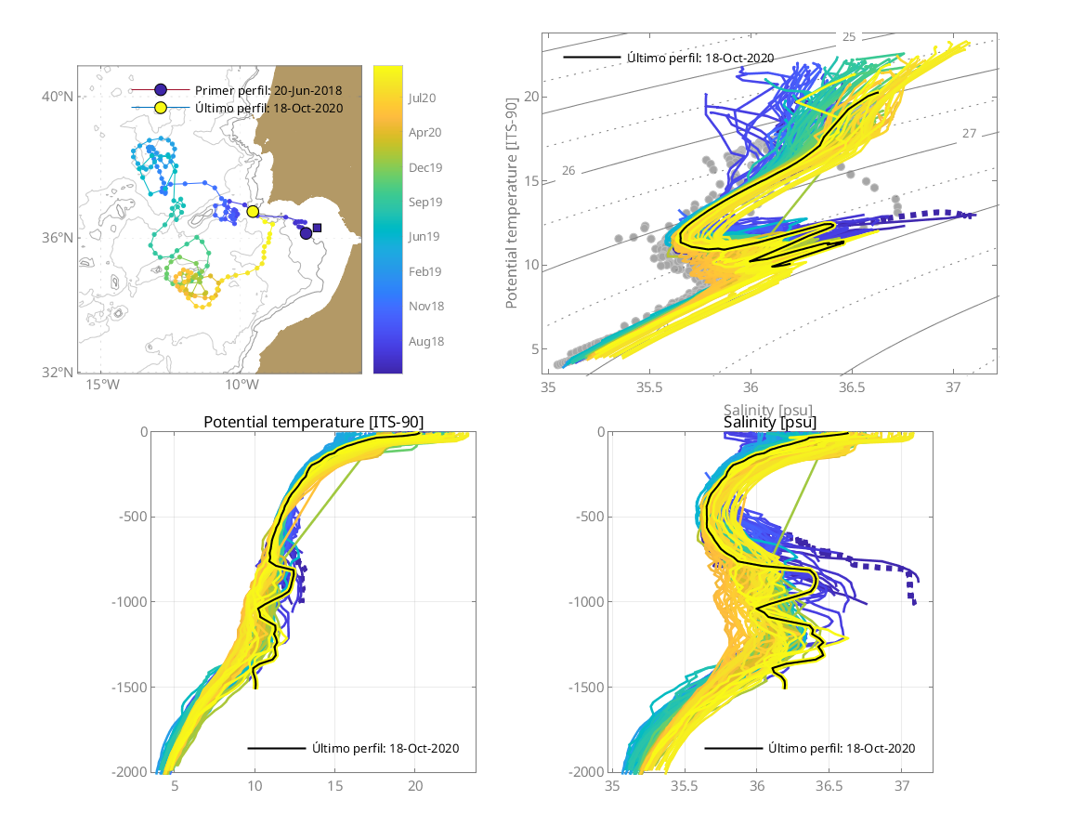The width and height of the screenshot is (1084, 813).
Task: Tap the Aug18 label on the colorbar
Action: [x=424, y=341]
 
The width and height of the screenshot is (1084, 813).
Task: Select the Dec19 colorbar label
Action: [x=424, y=167]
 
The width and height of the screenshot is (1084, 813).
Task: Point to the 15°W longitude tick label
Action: [x=101, y=385]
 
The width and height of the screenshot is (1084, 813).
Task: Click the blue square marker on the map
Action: [x=318, y=228]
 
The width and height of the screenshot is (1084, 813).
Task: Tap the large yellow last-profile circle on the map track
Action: [x=253, y=212]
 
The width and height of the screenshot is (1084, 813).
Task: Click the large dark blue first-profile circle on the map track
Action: [x=307, y=233]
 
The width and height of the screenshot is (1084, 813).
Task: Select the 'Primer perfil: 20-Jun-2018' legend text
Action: [x=268, y=90]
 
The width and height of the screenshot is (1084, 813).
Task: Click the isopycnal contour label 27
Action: [x=969, y=134]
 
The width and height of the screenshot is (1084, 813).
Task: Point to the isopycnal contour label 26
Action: [x=569, y=171]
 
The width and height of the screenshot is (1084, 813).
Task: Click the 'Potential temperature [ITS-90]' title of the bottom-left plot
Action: [x=313, y=423]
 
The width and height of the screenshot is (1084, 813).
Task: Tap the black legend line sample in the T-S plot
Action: [x=592, y=58]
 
